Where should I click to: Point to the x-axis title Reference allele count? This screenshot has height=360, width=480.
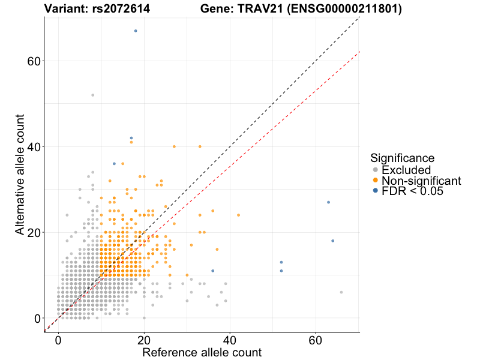202,352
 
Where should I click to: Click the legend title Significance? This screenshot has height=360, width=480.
402,158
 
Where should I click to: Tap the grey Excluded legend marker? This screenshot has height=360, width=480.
376,170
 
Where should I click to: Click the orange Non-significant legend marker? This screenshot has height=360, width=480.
376,181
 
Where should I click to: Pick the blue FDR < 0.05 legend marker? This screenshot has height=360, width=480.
376,191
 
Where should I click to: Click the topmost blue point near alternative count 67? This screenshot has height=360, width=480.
136,31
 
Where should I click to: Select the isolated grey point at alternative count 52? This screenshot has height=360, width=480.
92,95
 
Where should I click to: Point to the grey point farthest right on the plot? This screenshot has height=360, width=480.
341,292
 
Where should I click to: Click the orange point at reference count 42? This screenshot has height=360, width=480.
238,215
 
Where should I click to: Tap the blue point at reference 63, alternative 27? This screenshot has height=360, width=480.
328,202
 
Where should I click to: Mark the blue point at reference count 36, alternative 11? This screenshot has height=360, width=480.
212,271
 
